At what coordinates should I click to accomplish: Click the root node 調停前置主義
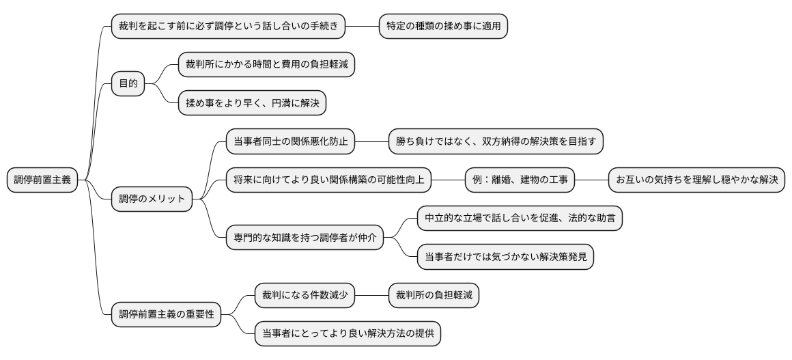[x=42, y=180]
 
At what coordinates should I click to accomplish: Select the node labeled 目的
[x=128, y=84]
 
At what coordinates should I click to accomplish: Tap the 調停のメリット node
[x=152, y=199]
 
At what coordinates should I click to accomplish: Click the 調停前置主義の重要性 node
[x=167, y=315]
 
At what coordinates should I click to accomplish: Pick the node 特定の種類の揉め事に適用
[x=444, y=26]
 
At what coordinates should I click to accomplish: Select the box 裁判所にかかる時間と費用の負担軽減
[x=266, y=65]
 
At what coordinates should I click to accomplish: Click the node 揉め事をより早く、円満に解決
[x=252, y=104]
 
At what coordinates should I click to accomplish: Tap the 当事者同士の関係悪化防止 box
[x=290, y=142]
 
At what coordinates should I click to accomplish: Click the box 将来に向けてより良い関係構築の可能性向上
[x=328, y=180]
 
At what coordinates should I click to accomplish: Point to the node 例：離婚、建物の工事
[x=519, y=180]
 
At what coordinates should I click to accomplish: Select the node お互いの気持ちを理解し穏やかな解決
[x=696, y=180]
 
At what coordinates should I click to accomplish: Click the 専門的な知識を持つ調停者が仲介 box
[x=305, y=238]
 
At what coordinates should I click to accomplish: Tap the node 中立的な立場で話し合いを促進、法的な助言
[x=520, y=219]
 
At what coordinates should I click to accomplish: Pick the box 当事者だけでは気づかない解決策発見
[x=505, y=258]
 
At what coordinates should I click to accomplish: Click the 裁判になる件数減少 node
[x=305, y=296]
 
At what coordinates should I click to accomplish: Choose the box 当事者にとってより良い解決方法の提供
[x=348, y=335]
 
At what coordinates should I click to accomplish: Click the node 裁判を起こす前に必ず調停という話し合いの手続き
[x=228, y=26]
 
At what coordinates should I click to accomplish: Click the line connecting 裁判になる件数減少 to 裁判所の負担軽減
[x=372, y=296]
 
